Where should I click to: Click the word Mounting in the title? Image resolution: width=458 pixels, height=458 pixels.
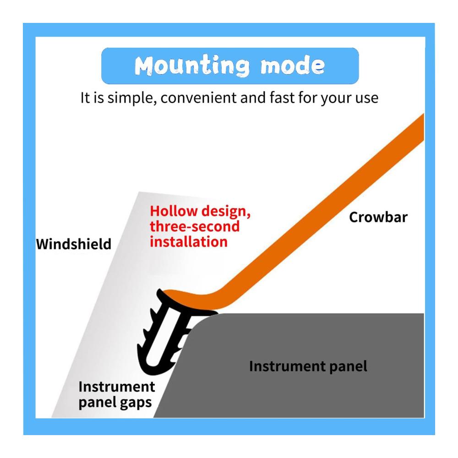pyautogui.click(x=192, y=65)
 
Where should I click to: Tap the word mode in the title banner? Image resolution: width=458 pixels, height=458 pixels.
pyautogui.click(x=293, y=65)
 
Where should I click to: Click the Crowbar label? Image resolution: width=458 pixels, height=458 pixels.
pyautogui.click(x=378, y=217)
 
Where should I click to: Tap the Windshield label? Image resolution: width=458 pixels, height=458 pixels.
pyautogui.click(x=74, y=244)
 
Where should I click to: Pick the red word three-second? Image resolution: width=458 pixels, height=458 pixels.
pyautogui.click(x=195, y=226)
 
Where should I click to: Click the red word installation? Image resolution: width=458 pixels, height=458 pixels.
pyautogui.click(x=189, y=242)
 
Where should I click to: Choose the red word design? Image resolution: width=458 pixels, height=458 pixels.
pyautogui.click(x=226, y=212)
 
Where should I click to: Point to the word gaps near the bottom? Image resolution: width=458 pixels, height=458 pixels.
pyautogui.click(x=136, y=403)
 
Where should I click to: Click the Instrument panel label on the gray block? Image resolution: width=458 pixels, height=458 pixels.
pyautogui.click(x=308, y=366)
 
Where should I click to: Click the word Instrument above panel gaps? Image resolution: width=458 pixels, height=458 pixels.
pyautogui.click(x=116, y=387)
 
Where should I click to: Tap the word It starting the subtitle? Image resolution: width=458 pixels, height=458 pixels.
pyautogui.click(x=85, y=98)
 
